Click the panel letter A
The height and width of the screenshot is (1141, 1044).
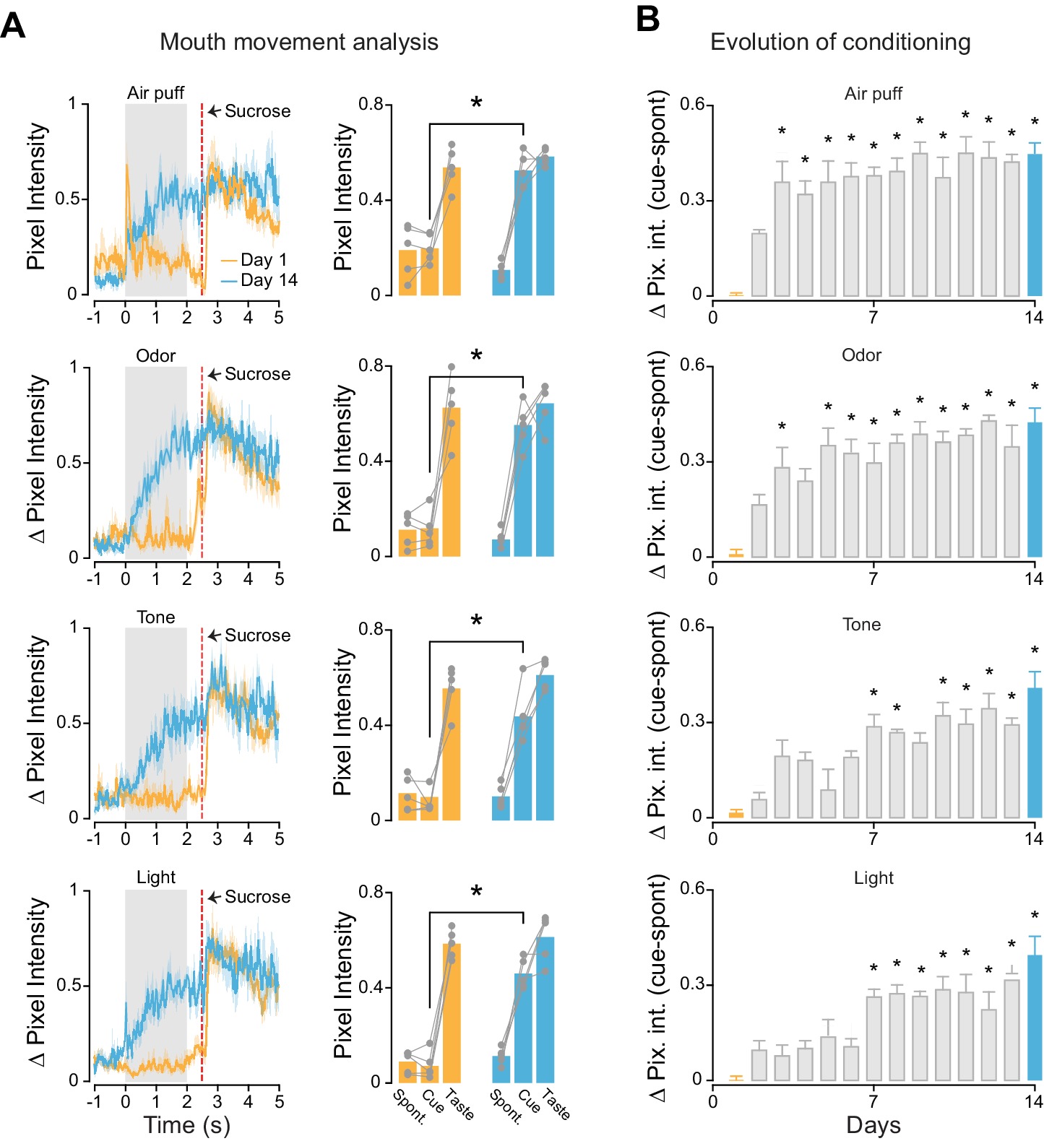pos(13,27)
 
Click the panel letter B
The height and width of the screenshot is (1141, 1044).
pos(647,19)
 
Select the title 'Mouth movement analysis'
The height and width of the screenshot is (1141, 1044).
pos(298,42)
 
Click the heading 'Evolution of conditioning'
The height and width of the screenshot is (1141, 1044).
pos(840,42)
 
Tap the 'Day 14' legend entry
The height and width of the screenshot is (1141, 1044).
pos(268,280)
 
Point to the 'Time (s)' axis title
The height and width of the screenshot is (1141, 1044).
pos(186,1124)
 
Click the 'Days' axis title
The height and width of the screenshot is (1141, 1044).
pos(873,1124)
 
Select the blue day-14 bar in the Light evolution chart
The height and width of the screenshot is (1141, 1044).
pos(1035,1018)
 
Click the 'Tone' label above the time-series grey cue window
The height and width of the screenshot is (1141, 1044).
pos(156,617)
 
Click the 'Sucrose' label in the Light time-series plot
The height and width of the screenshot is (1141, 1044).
pos(257,897)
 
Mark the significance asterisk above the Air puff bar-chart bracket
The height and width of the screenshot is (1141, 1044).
pos(476,103)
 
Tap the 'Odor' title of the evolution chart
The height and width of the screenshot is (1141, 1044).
pos(861,355)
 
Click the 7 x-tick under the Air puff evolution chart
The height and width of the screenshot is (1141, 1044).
pos(873,317)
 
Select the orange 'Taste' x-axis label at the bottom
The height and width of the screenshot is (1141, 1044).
pos(460,1105)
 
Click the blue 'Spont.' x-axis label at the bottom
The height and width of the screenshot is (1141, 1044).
pos(506,1107)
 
